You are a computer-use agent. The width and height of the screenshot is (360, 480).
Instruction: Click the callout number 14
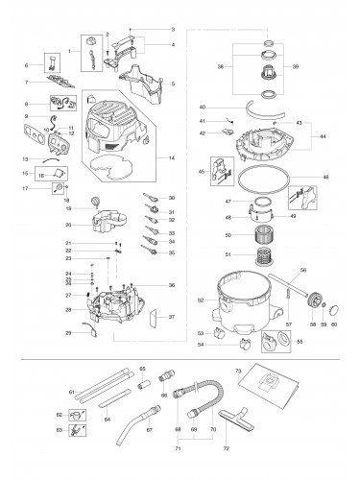pyautogui.click(x=172, y=157)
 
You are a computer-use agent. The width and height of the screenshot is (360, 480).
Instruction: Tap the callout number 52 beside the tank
pyautogui.click(x=200, y=301)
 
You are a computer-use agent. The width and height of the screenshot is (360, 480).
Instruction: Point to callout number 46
pyautogui.click(x=324, y=178)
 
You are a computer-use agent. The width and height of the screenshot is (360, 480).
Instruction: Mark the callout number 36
pyautogui.click(x=171, y=285)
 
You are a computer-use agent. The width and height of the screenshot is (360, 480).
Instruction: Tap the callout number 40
pyautogui.click(x=203, y=107)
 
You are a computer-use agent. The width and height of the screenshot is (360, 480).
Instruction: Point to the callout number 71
pyautogui.click(x=179, y=449)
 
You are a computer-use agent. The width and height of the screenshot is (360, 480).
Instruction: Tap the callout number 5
pyautogui.click(x=172, y=84)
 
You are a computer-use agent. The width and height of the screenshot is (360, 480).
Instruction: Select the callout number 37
pyautogui.click(x=171, y=317)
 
